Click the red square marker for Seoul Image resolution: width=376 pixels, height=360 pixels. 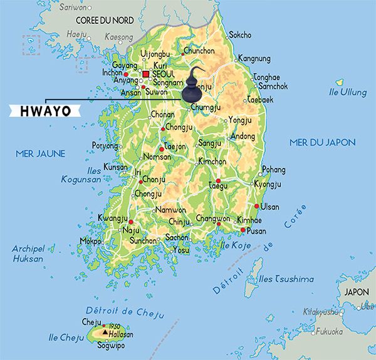145,74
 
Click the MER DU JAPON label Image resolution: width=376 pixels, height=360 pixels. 322,142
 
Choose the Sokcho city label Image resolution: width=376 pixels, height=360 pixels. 240,35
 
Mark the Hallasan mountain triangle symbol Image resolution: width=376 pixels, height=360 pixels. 105,332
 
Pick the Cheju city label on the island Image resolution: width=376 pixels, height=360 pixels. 91,322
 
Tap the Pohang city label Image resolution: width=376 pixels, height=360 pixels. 273,170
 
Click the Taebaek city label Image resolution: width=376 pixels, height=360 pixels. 261,100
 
